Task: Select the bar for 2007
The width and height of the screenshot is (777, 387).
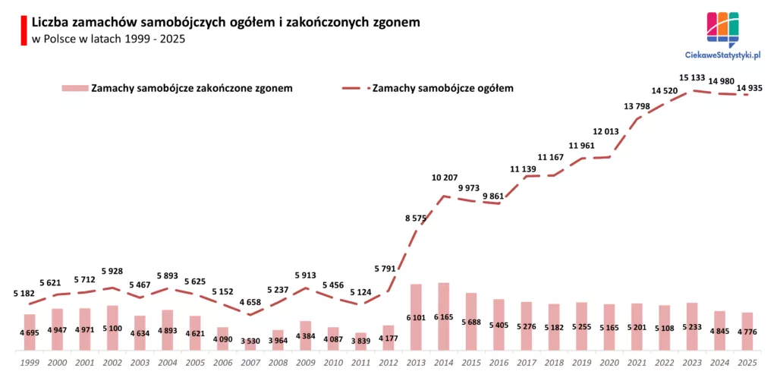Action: coord(250,345)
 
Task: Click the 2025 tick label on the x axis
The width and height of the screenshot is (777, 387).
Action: coord(747,362)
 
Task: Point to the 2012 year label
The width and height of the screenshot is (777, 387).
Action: coord(388,362)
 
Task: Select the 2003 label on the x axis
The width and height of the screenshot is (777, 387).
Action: coord(140,362)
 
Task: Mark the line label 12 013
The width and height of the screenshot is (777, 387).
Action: coord(606,131)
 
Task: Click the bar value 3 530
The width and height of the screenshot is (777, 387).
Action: coord(250,341)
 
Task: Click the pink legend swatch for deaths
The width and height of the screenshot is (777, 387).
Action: coord(74,88)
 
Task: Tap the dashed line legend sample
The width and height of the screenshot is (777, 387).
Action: coord(354,88)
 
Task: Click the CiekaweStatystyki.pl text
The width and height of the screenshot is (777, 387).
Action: coord(722,55)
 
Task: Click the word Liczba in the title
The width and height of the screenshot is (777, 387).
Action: coord(51,23)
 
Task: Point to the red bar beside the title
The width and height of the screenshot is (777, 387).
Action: coord(24,30)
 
